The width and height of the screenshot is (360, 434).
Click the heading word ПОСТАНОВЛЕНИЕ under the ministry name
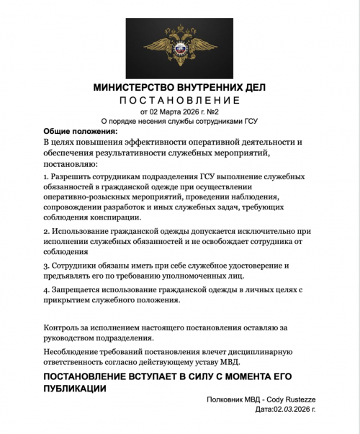point(179,99)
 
